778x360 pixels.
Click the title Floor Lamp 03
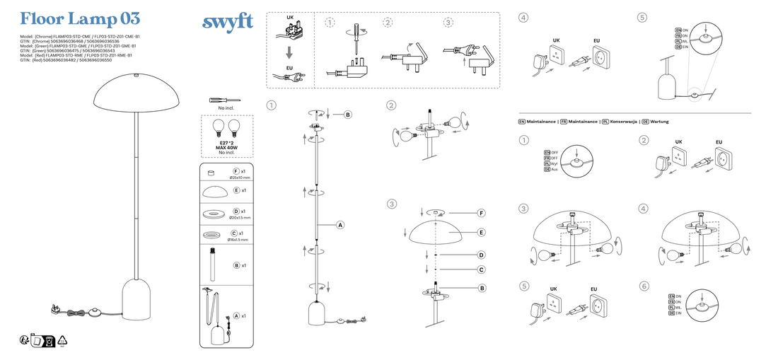click(79, 18)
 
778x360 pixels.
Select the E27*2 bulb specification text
click(226, 143)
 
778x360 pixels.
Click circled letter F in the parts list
click(236, 172)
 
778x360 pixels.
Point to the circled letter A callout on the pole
click(339, 225)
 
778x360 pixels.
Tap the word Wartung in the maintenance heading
click(660, 122)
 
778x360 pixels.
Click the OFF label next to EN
click(555, 152)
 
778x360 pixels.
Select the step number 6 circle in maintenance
click(643, 286)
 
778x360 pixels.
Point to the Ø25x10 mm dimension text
click(240, 178)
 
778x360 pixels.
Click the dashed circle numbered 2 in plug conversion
click(388, 23)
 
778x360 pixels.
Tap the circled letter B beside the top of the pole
click(348, 115)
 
